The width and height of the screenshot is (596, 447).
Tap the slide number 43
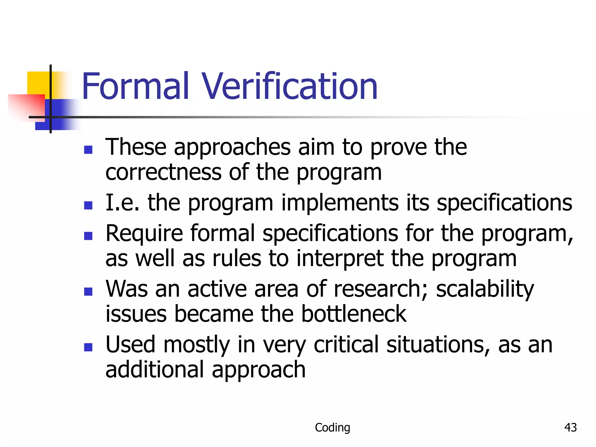[570, 427]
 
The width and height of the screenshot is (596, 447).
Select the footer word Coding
[332, 428]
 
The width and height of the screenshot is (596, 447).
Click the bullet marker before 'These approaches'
[88, 150]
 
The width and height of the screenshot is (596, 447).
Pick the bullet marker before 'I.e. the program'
[88, 205]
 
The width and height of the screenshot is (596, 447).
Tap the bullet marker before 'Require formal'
[88, 236]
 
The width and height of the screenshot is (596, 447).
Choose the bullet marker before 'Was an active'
[88, 291]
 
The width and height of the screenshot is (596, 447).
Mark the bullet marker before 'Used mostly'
[88, 347]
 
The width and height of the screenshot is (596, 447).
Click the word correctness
[163, 172]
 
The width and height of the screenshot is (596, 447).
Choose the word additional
[155, 369]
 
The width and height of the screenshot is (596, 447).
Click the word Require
[144, 233]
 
